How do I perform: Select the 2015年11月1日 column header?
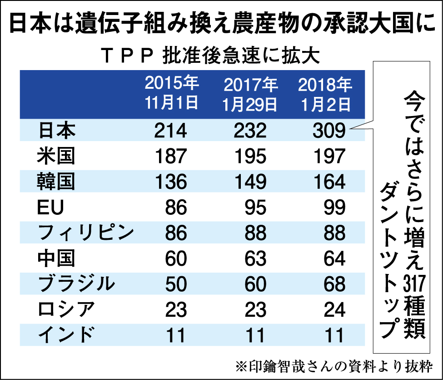pyautogui.click(x=172, y=93)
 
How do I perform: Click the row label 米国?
pyautogui.click(x=56, y=156)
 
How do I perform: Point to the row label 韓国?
pyautogui.click(x=56, y=182)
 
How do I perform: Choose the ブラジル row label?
pyautogui.click(x=75, y=284)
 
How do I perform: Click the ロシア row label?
pyautogui.click(x=66, y=310)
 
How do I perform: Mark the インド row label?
pyautogui.click(x=66, y=335)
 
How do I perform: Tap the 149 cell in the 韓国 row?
pyautogui.click(x=250, y=182)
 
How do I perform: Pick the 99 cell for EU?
pyautogui.click(x=335, y=208)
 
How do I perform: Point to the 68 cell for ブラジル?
pyautogui.click(x=335, y=284)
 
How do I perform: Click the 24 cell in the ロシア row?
pyautogui.click(x=335, y=310)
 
